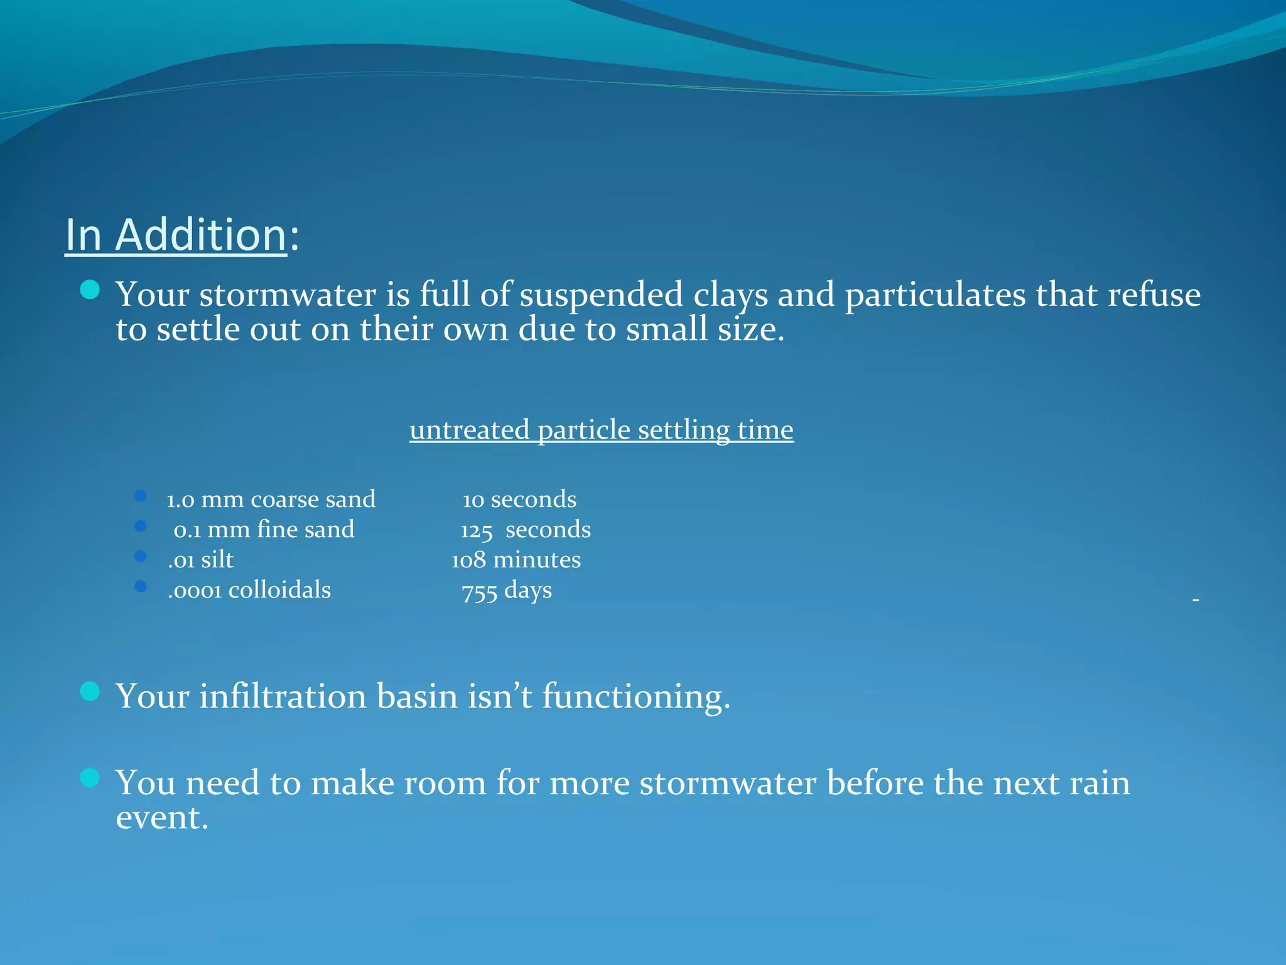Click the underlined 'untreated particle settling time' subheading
click(x=601, y=430)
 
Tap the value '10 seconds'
click(x=519, y=499)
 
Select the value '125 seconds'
click(x=525, y=530)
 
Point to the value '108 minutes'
click(x=516, y=560)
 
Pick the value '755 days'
click(x=506, y=591)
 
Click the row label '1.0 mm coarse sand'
click(x=271, y=499)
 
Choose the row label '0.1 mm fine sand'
click(x=264, y=530)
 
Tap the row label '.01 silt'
click(x=200, y=560)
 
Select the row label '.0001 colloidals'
click(x=249, y=590)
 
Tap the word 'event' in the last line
click(x=161, y=818)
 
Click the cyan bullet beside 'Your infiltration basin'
click(x=90, y=691)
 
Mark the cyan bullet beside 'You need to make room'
click(x=90, y=778)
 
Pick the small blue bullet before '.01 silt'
click(x=141, y=556)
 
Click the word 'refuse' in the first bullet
click(x=1154, y=295)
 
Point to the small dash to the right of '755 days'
click(x=1196, y=601)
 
